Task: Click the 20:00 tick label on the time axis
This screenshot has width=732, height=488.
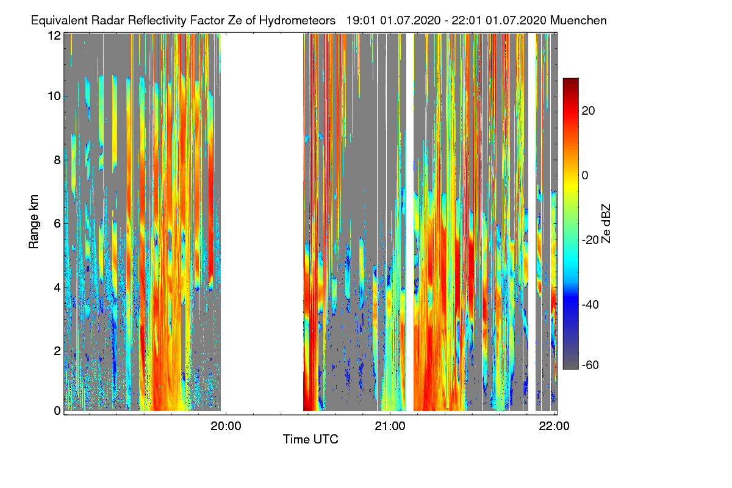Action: click(226, 426)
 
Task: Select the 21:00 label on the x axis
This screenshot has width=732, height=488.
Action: click(390, 426)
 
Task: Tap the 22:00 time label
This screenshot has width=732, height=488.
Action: click(554, 426)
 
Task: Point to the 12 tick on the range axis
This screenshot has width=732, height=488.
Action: click(54, 35)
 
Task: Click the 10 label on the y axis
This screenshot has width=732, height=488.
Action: click(54, 96)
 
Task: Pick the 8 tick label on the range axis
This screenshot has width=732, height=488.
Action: click(57, 160)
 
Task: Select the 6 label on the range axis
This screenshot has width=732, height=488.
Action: click(57, 224)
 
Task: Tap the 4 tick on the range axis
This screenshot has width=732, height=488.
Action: click(57, 288)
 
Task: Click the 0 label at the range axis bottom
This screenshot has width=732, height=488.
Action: click(57, 411)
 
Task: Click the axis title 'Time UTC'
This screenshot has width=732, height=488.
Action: click(310, 439)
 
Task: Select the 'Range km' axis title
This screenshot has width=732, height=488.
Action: click(34, 221)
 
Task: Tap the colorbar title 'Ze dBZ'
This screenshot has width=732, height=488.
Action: click(606, 223)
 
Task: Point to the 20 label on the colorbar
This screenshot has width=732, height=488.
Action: click(588, 111)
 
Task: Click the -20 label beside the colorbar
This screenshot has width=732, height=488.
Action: click(590, 240)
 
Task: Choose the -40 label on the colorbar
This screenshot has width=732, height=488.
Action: click(590, 304)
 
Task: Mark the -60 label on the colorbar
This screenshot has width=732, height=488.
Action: click(590, 365)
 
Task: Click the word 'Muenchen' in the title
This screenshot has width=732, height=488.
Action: click(578, 21)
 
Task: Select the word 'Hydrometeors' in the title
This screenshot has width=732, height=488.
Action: click(298, 21)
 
